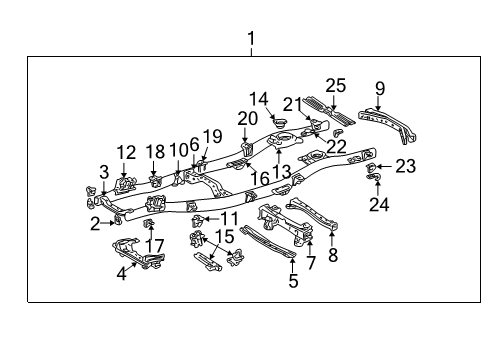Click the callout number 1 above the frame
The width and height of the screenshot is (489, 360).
click(251, 39)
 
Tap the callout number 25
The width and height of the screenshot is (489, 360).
click(335, 86)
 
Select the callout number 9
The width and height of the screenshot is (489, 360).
click(379, 89)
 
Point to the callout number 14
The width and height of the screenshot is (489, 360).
click(259, 99)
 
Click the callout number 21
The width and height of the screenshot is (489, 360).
click(290, 104)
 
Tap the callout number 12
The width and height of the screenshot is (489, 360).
click(125, 152)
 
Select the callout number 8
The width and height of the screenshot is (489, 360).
click(332, 256)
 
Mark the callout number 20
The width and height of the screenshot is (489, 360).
click(247, 118)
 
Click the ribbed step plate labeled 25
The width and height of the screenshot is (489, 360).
click(328, 111)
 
